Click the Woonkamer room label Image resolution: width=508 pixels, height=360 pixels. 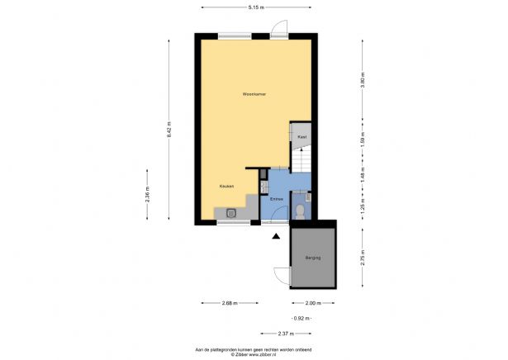point(254,94)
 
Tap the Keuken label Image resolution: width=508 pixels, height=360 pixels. point(226,186)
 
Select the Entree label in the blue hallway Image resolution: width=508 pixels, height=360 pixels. point(277,199)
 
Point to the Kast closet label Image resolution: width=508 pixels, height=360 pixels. point(302,135)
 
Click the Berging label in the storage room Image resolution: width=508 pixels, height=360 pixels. point(311,258)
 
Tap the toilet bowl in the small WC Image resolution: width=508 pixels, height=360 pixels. point(299,212)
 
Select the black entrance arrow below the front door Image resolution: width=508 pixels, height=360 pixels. point(275,237)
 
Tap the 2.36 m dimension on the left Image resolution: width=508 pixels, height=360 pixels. point(146,197)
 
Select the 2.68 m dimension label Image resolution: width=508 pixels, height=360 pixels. point(230,303)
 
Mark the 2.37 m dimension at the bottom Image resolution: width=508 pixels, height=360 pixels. point(286,333)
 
